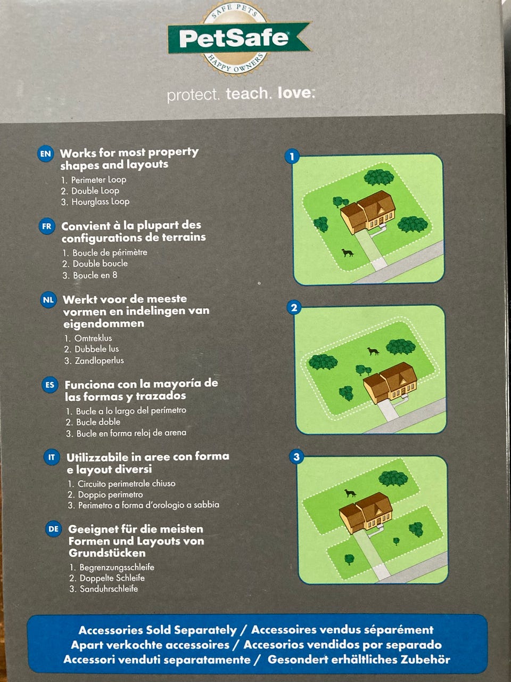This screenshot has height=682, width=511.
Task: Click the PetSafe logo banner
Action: point(239,38)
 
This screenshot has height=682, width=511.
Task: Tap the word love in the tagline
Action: point(296,93)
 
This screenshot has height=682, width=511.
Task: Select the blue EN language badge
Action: point(46,155)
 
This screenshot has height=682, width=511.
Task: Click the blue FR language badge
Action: point(47,226)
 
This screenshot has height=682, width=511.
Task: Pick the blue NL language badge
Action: point(48,300)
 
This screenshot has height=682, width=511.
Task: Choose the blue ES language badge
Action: point(50,385)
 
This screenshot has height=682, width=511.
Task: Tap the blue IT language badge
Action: point(52,457)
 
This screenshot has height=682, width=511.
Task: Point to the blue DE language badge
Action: point(53,529)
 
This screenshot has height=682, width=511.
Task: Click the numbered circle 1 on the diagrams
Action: point(292,157)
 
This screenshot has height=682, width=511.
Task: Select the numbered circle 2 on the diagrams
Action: point(294,307)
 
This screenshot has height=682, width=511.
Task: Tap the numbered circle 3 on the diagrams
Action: point(296,457)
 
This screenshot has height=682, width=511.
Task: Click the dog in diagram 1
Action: point(348,253)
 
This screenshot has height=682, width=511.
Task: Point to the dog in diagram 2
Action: point(373,351)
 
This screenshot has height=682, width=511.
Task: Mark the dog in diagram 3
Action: point(350,493)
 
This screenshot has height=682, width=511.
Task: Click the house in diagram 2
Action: point(390,383)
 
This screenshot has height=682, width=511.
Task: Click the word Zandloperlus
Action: point(100,360)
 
